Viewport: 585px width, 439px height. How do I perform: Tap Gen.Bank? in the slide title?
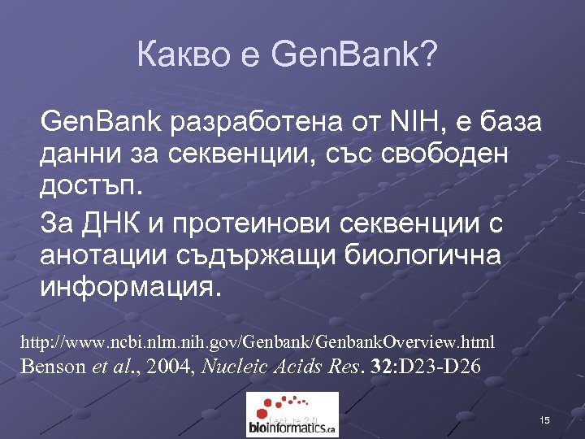354,55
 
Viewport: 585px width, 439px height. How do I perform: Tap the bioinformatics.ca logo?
292,415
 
